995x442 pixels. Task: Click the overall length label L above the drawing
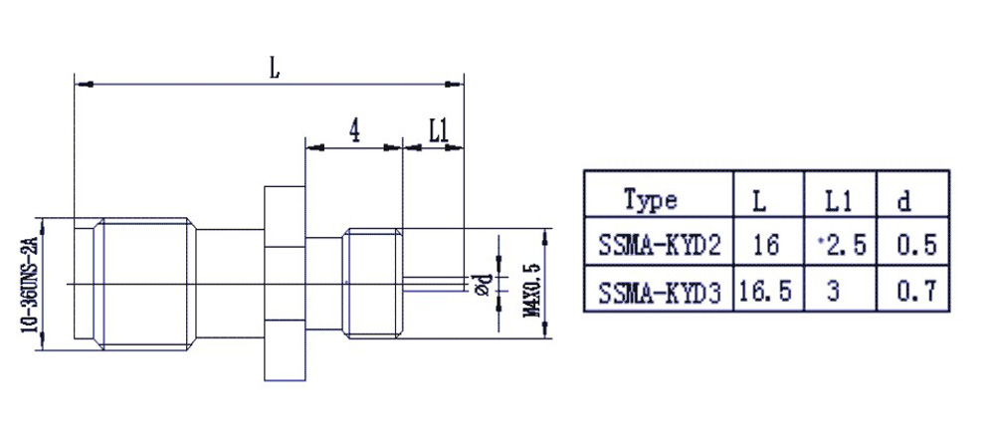274,69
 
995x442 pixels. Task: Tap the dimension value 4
353,129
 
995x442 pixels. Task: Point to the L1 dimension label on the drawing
440,129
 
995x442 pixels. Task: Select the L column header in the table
759,200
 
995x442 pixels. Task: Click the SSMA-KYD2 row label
659,244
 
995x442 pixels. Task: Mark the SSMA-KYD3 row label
659,292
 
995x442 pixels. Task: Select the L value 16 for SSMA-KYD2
765,244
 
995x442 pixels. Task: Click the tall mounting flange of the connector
284,283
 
